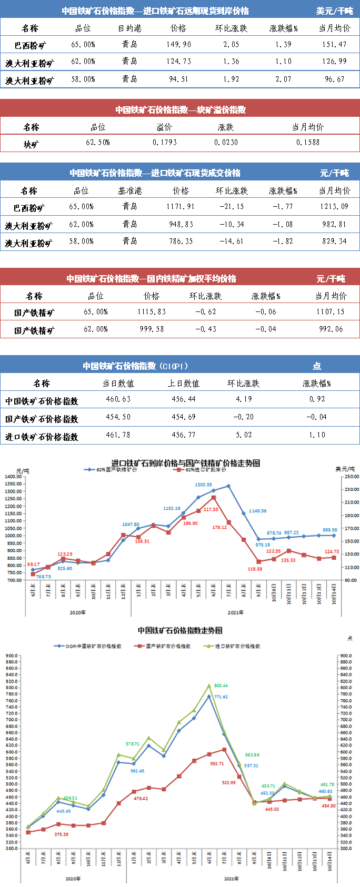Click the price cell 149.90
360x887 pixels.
(179, 45)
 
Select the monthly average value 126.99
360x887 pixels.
(335, 62)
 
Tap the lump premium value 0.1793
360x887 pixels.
(165, 143)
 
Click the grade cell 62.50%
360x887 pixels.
(98, 143)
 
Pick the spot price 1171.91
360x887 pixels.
(181, 207)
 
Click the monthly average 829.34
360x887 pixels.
(335, 241)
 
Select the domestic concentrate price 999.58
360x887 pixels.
(152, 329)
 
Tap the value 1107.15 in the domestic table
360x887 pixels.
(331, 312)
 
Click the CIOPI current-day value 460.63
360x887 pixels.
(118, 399)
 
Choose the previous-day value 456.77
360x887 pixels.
(184, 435)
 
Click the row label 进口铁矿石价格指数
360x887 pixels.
(42, 437)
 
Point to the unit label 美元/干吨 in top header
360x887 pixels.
(335, 11)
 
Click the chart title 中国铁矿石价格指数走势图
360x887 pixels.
(180, 630)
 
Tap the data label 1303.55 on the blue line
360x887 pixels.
(203, 485)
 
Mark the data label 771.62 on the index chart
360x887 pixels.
(221, 697)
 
